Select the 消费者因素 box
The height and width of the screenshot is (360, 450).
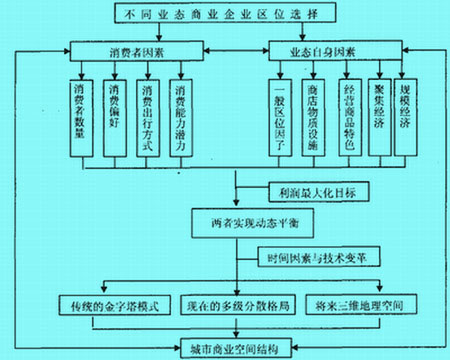[x=130, y=49]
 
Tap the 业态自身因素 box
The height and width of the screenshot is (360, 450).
[x=322, y=49]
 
